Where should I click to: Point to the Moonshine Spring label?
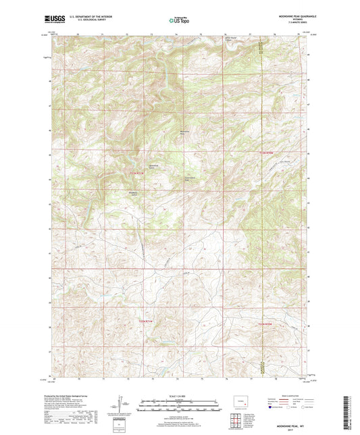click(x=154, y=166)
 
